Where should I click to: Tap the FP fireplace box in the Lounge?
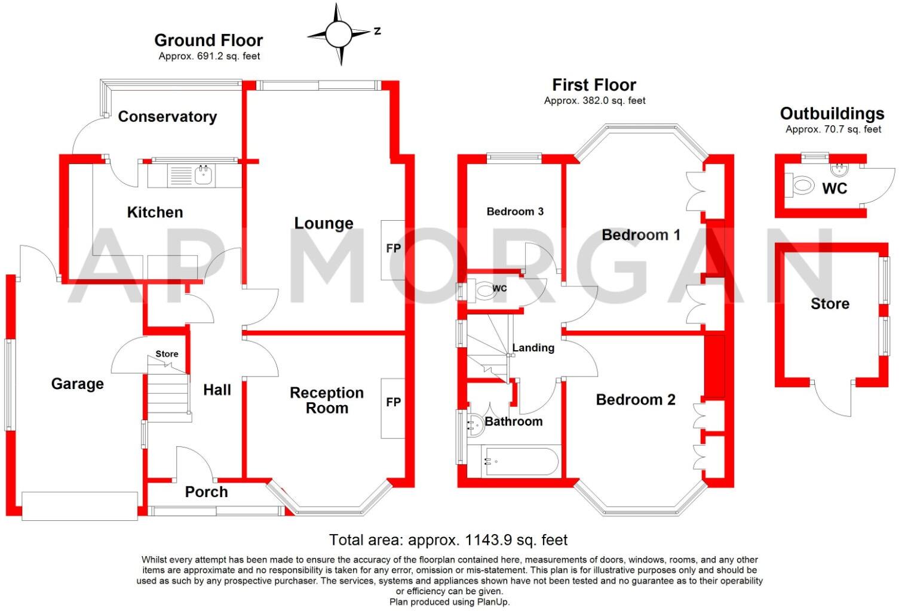(392, 249)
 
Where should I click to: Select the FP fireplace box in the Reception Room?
(392, 409)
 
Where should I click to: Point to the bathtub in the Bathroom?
(513, 462)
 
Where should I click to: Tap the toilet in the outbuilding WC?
(802, 186)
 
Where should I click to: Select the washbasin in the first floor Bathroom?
(475, 423)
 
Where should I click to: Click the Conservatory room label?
(167, 116)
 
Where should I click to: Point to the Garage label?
(77, 384)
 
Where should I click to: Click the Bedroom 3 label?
(515, 211)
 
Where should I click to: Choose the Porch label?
(206, 492)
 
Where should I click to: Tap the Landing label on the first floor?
(533, 348)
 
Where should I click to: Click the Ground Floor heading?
(208, 40)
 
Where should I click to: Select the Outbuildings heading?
(832, 113)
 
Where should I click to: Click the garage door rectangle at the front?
(80, 505)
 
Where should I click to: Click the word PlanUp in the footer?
(493, 602)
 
